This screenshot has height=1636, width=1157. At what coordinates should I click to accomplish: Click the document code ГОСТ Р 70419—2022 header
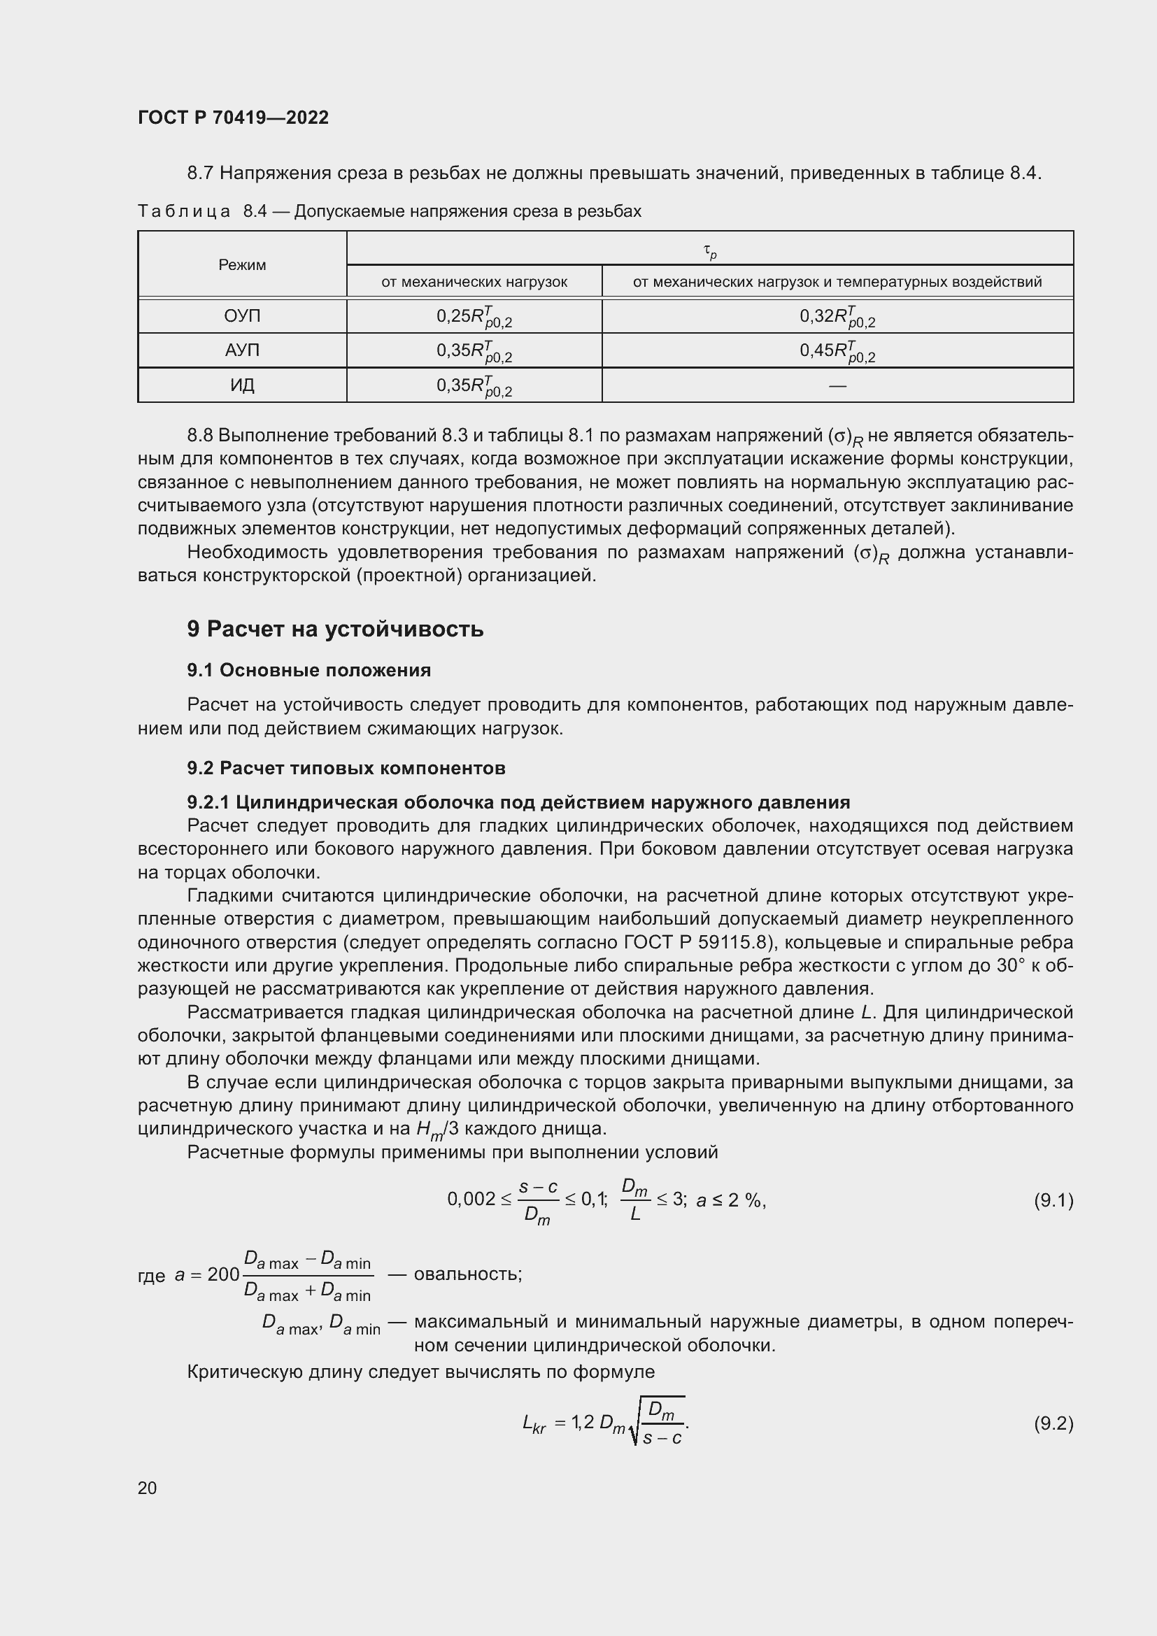click(x=233, y=118)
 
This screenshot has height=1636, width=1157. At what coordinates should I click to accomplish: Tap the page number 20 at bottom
click(x=147, y=1488)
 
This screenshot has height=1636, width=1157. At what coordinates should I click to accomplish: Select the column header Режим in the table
click(x=242, y=265)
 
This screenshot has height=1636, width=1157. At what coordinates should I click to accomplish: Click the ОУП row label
click(x=242, y=315)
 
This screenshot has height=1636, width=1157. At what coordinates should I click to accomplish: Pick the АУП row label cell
click(x=242, y=350)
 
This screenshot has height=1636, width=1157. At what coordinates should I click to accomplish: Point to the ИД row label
click(x=242, y=385)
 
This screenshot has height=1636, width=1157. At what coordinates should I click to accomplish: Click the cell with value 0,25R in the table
click(x=474, y=316)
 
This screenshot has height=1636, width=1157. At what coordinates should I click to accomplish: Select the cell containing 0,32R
click(x=837, y=316)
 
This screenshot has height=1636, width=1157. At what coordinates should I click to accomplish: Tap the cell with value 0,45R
click(x=837, y=350)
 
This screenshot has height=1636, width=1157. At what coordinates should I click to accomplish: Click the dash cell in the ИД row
click(x=837, y=385)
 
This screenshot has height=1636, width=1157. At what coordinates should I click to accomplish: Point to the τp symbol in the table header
click(x=709, y=251)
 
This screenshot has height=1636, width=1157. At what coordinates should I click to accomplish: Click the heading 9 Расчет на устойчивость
click(x=335, y=629)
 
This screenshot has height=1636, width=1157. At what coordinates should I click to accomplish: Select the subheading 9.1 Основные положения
click(x=308, y=671)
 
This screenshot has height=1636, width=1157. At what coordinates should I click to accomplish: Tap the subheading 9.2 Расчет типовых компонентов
click(x=346, y=768)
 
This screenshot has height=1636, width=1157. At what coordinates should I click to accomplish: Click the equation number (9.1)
click(x=1053, y=1202)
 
